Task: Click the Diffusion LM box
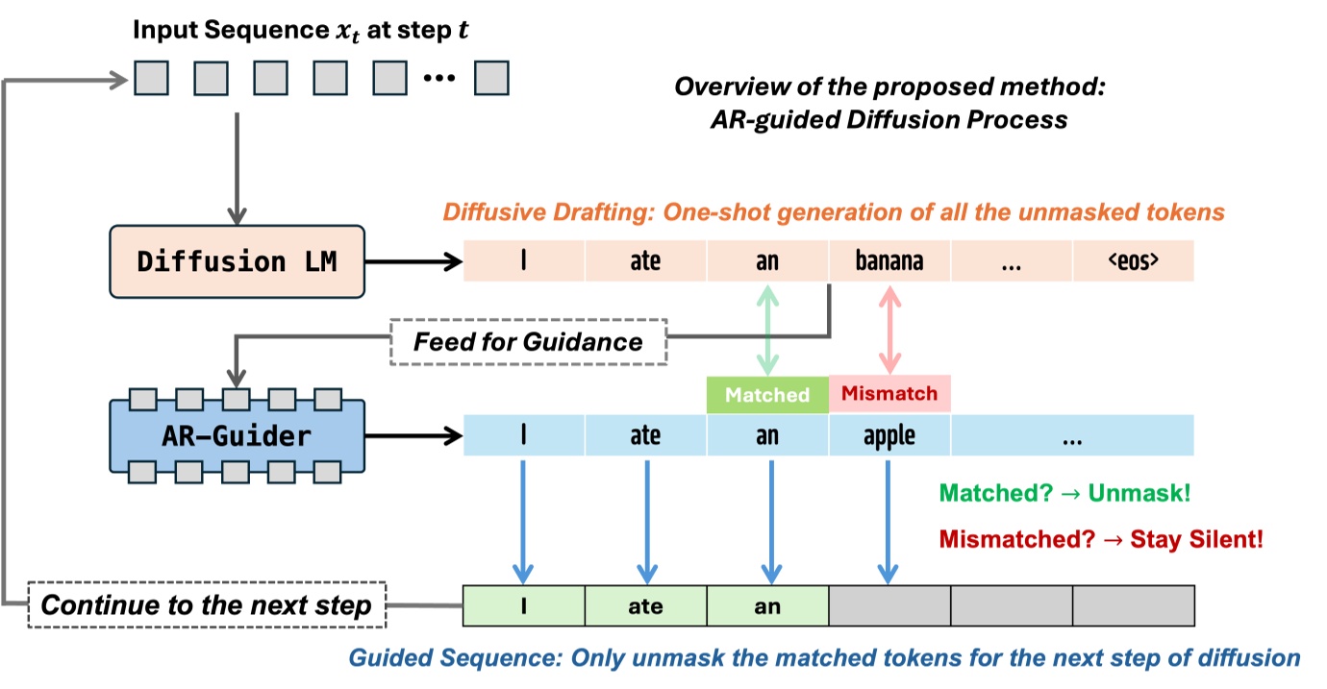point(238,261)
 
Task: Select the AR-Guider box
point(238,435)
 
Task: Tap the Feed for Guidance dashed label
point(528,340)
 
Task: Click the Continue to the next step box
point(207,605)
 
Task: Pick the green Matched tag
point(766,395)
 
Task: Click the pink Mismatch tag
point(889,394)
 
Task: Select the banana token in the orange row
point(889,261)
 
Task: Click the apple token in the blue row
point(889,436)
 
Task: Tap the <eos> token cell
point(1134,261)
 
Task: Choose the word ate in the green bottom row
point(645,606)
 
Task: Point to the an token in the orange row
point(767,261)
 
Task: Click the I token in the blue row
point(523,436)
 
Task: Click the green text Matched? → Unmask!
point(1064,493)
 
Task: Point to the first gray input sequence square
point(151,78)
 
